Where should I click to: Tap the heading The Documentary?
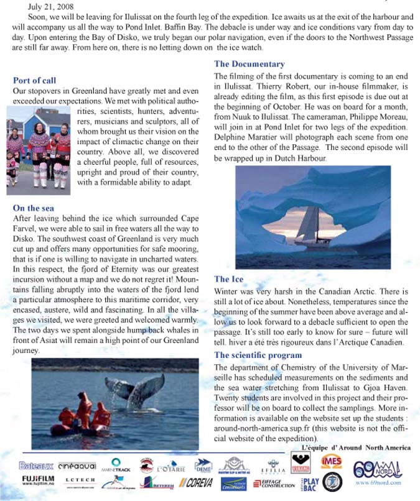pyautogui.click(x=249, y=63)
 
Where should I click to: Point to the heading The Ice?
pyautogui.click(x=229, y=279)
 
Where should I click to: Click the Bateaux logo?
pyautogui.click(x=35, y=465)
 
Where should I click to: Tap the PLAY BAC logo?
pyautogui.click(x=310, y=482)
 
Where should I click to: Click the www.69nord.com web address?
pyautogui.click(x=378, y=482)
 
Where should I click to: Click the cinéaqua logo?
pyautogui.click(x=77, y=465)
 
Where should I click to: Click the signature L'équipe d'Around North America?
pyautogui.click(x=356, y=448)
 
